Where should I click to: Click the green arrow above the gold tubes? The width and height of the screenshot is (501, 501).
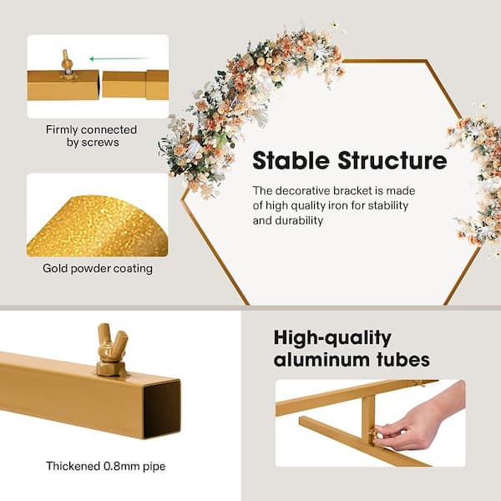tap(119, 58)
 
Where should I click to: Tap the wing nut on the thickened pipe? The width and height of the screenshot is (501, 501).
tap(112, 349)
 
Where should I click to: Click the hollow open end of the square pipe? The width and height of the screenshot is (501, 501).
tap(162, 408)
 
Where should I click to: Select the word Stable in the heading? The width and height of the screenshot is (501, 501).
tap(291, 160)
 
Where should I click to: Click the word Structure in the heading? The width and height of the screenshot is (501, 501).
tap(392, 160)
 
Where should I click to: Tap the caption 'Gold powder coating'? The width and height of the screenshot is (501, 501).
tap(98, 268)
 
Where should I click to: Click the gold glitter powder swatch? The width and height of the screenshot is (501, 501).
tap(97, 226)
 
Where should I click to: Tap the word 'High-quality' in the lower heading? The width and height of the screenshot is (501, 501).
tap(332, 339)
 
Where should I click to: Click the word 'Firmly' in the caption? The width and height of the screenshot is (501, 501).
tap(62, 129)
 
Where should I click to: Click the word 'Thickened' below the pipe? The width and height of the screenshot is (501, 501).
tap(73, 466)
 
